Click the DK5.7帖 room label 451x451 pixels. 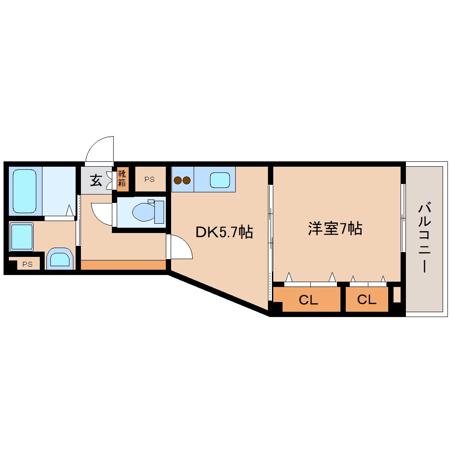(x=224, y=232)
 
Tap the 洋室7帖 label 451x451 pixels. (x=335, y=229)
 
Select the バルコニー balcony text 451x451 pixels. (x=424, y=237)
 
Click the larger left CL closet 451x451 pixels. (x=308, y=300)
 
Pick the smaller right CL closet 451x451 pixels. (x=367, y=300)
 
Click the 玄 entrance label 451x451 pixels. (x=96, y=180)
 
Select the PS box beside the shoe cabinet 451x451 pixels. (x=149, y=179)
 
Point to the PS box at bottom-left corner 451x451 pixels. (x=27, y=264)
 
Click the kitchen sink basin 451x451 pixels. (x=220, y=180)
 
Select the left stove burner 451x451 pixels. (x=178, y=180)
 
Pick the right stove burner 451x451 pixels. (x=186, y=180)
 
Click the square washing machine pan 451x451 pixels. (x=22, y=237)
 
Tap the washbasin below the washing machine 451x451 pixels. (x=59, y=259)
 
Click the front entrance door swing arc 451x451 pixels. (x=101, y=149)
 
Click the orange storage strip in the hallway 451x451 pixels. (x=123, y=265)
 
